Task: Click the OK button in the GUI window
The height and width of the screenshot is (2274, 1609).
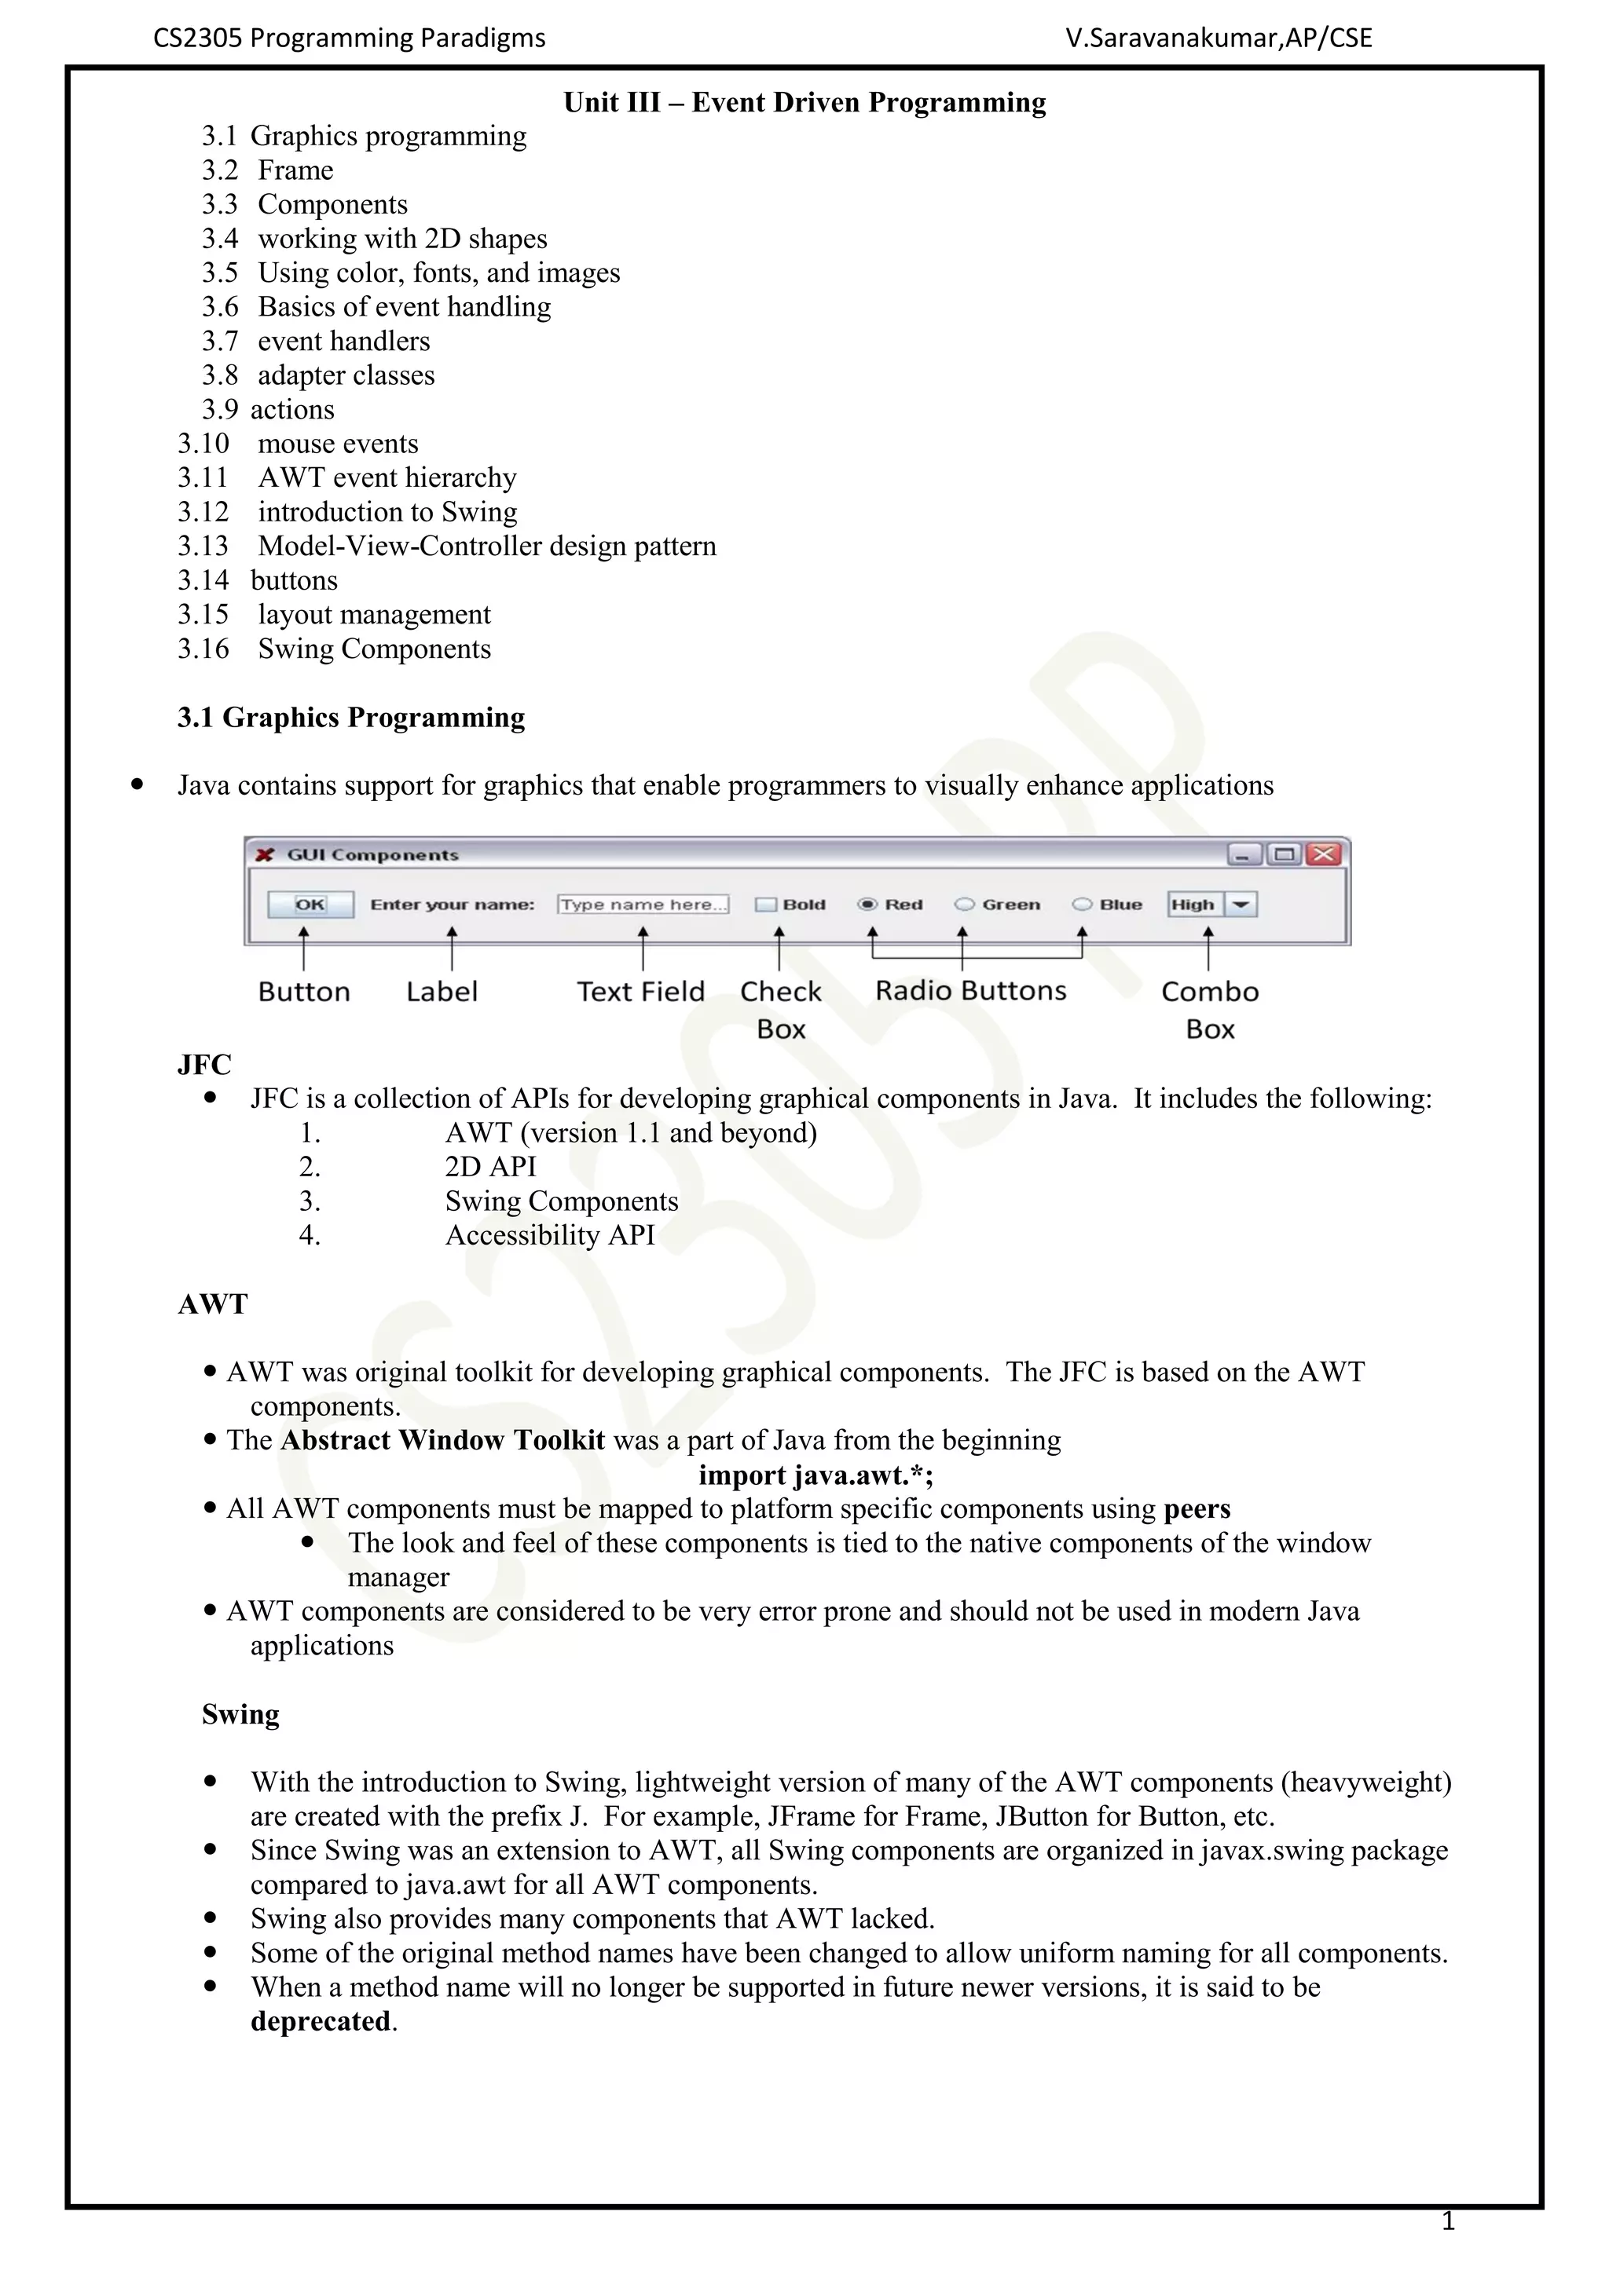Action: tap(310, 905)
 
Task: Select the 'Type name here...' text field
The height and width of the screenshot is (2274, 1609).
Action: tap(643, 905)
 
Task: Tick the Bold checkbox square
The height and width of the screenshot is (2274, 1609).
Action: tap(765, 905)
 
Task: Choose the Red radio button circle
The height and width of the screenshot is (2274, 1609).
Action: tap(868, 905)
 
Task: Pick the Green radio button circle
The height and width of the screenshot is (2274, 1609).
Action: tap(964, 905)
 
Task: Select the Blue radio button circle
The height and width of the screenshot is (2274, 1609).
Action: tap(1082, 905)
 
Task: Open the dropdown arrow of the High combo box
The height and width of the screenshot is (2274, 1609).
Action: tap(1241, 905)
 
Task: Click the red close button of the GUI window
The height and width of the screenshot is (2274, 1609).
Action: tap(1324, 854)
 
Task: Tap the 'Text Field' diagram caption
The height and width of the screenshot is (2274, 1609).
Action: tap(641, 992)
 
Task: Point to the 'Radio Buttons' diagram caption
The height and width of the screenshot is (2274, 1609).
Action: tap(971, 990)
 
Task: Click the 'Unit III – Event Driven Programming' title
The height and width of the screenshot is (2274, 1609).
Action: tap(804, 103)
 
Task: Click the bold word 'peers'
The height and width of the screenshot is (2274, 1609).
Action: tap(1197, 1508)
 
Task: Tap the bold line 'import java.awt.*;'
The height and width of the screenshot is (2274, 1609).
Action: tap(815, 1475)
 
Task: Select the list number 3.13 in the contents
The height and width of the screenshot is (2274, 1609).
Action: tap(203, 546)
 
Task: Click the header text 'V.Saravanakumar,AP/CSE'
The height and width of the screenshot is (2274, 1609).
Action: tap(1219, 38)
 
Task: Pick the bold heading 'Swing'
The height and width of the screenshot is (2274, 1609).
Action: tap(240, 1714)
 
